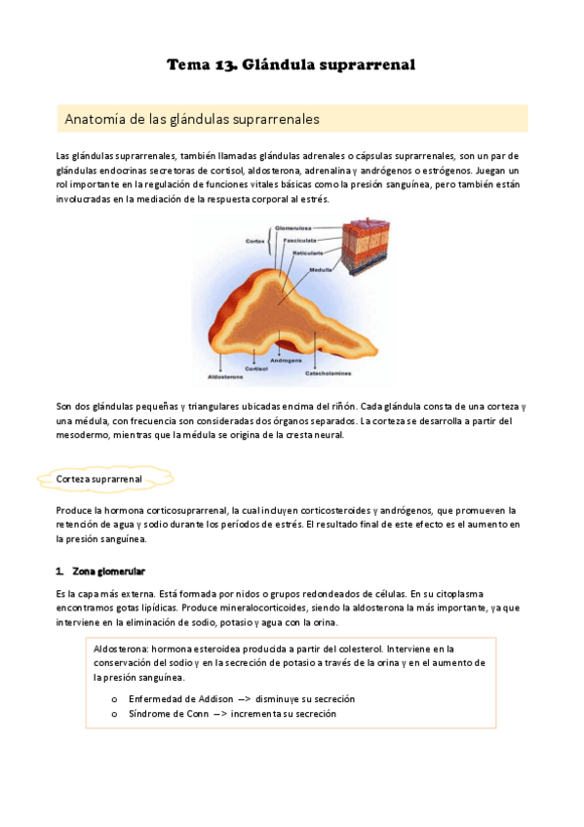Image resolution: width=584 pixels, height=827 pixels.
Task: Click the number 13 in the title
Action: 217,65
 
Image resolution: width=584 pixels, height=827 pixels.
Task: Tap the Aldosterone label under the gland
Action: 226,375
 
